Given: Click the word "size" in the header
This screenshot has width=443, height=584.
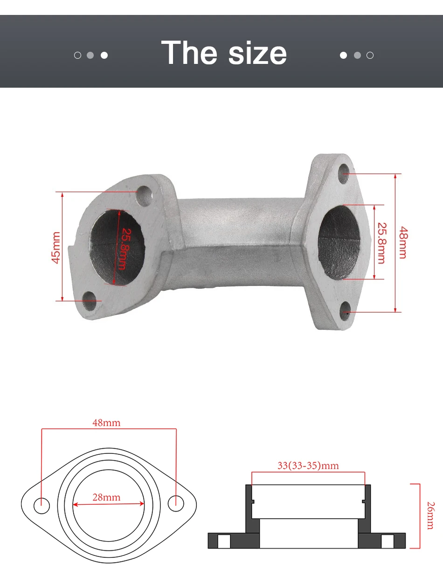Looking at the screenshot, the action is click(257, 53).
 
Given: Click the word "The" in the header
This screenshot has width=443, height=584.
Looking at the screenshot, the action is click(189, 52).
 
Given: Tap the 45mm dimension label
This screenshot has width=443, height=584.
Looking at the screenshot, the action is click(56, 248).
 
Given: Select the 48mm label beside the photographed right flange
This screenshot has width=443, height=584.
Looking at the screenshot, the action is click(403, 243).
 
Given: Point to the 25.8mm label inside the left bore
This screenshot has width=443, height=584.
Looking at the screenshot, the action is click(123, 249).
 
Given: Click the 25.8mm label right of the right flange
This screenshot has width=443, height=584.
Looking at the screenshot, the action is click(381, 243).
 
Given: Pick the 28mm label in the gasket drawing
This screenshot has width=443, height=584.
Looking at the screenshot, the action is click(106, 497).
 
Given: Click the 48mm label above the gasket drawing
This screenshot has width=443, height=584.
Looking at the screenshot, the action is click(106, 423).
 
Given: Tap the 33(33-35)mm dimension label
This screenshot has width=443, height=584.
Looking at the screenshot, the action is click(308, 466).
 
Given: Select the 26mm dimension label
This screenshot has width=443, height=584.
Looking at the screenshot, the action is click(430, 515).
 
